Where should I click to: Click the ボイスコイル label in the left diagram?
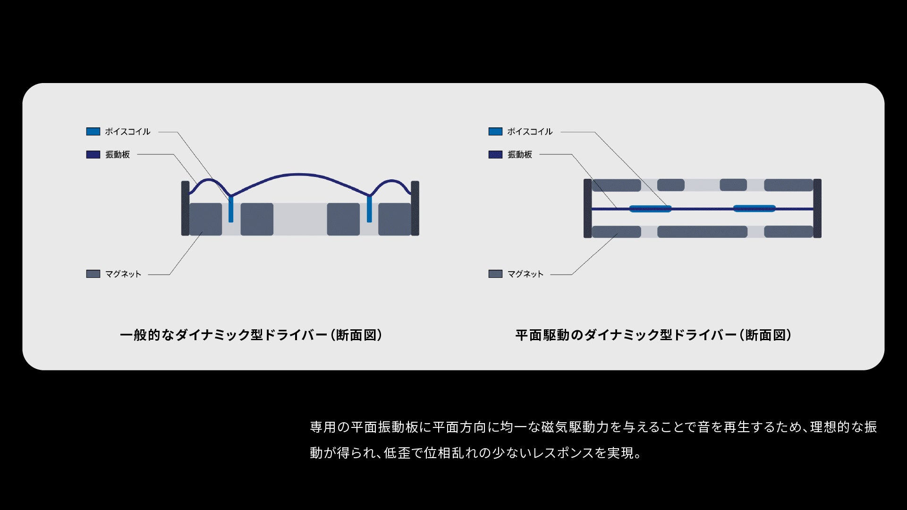127,132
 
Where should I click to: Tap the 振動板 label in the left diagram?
118,155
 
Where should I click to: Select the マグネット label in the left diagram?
123,274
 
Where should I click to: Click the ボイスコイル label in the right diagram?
530,132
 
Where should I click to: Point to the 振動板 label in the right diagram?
520,155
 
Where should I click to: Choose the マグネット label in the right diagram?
525,274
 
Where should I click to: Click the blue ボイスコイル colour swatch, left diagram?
93,132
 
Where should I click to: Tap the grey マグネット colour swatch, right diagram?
495,274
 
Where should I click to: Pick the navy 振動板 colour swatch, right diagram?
495,155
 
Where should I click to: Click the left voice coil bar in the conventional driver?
231,209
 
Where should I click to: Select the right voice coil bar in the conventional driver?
369,209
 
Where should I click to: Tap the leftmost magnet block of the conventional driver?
205,219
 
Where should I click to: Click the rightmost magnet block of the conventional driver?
394,219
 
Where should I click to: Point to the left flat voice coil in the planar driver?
650,209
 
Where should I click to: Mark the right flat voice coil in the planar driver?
754,208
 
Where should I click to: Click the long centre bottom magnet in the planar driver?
702,232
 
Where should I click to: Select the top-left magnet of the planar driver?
616,185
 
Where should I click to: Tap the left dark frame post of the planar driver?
587,208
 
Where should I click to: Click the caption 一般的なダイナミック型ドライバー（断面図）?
251,335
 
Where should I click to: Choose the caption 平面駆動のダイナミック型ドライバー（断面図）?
653,335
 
